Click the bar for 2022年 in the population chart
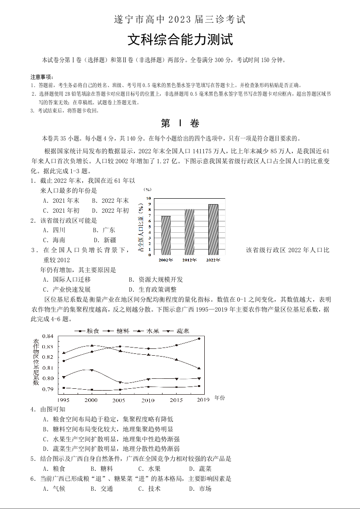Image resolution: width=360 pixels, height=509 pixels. click(213, 229)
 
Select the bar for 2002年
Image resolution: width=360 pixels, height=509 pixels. click(166, 235)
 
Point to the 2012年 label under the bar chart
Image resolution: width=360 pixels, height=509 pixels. click(190, 260)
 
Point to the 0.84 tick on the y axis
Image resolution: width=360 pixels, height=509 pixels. click(48, 336)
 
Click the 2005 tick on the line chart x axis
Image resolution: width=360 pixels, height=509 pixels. click(119, 400)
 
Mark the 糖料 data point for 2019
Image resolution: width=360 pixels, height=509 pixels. click(199, 339)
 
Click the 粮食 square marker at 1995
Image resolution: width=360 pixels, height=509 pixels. click(64, 388)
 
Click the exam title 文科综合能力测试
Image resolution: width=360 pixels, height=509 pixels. click(180, 40)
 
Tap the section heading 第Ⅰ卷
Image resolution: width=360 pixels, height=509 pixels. click(180, 123)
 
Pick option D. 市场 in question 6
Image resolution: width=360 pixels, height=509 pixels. click(200, 489)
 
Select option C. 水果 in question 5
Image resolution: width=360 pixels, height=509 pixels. click(149, 469)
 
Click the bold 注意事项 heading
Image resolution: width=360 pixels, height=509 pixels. click(42, 76)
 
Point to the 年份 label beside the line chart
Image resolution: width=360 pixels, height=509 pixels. click(219, 397)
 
